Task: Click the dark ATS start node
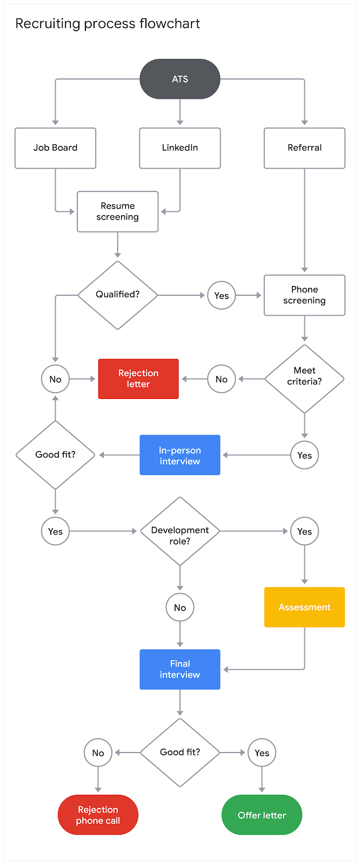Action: [x=180, y=79]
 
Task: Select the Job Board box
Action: [x=55, y=148]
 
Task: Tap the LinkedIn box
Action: [x=180, y=148]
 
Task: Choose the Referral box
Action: [x=304, y=148]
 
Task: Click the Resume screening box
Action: [x=118, y=211]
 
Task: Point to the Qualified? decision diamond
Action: [x=118, y=295]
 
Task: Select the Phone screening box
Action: [x=304, y=295]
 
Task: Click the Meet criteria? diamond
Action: [x=304, y=378]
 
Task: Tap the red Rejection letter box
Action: [x=138, y=378]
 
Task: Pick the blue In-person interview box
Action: [x=180, y=455]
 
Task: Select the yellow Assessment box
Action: [x=304, y=607]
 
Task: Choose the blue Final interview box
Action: [x=180, y=669]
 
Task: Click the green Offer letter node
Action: [x=262, y=815]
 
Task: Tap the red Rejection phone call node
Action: [x=98, y=815]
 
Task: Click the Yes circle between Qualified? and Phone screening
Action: [x=222, y=295]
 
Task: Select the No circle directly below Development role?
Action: [x=180, y=608]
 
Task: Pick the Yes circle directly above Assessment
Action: [x=304, y=531]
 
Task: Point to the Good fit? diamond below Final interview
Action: [x=180, y=753]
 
